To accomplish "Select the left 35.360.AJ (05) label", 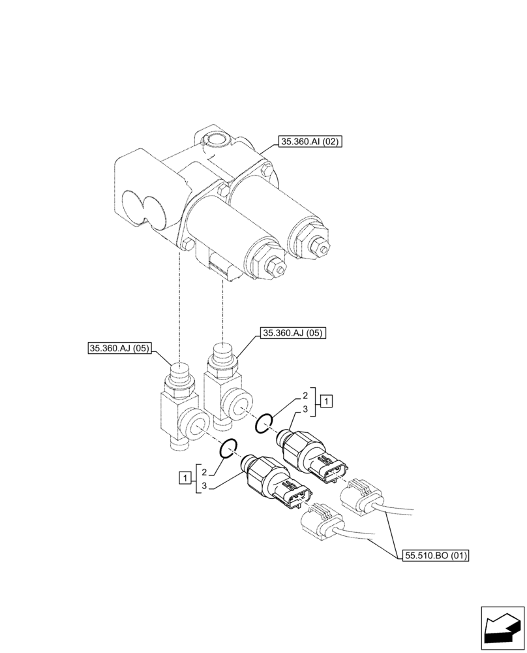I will [119, 349].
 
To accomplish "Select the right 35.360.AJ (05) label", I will [292, 333].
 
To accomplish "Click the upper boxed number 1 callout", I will [327, 401].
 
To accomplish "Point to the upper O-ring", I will [263, 424].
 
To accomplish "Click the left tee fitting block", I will [177, 418].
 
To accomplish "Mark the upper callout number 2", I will [305, 396].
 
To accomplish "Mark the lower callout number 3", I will [204, 486].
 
